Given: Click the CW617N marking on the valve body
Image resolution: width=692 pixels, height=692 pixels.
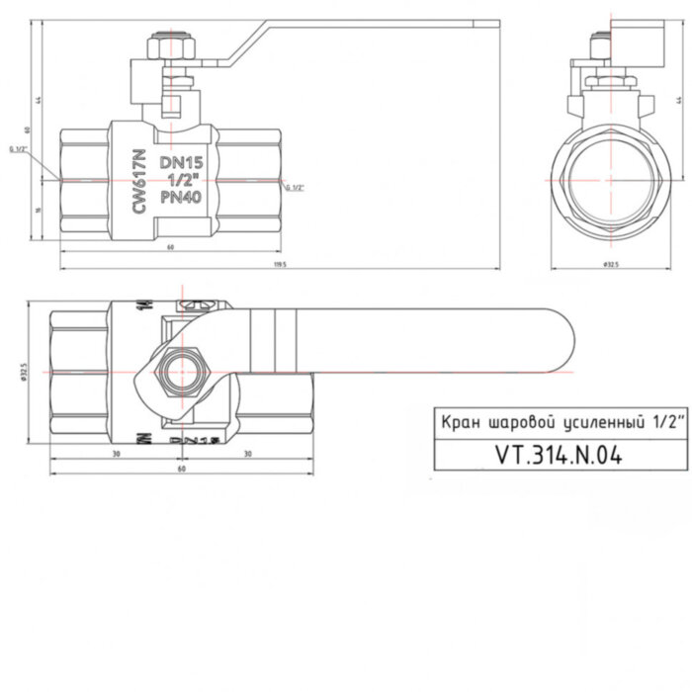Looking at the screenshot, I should coord(139,182).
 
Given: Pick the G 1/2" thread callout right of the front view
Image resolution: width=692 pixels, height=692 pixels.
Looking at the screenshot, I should coord(295,187).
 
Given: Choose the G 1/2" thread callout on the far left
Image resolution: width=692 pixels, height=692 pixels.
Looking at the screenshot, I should coord(18,149).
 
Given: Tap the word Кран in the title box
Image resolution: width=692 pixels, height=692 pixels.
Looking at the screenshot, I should coord(460,422).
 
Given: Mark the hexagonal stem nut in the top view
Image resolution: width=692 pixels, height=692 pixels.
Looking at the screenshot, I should coord(181,373).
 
